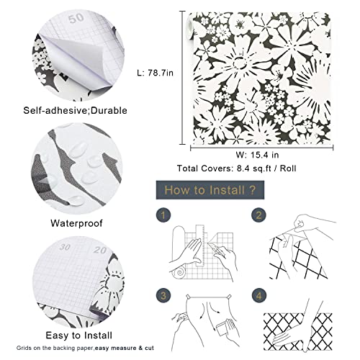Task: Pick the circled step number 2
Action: [x=256, y=215]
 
